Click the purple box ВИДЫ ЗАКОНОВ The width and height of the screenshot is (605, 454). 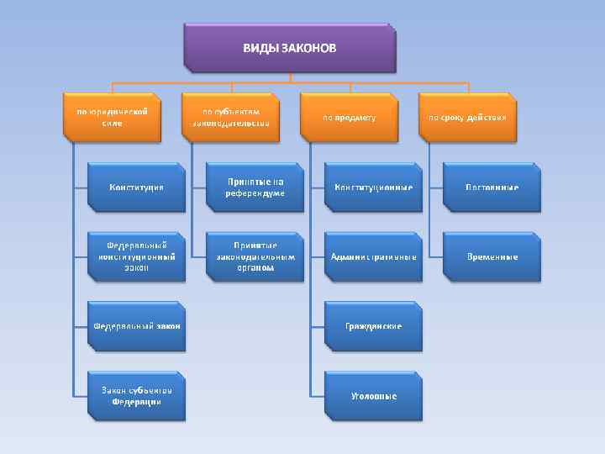pyautogui.click(x=289, y=47)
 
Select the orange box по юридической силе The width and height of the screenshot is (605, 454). pyautogui.click(x=113, y=116)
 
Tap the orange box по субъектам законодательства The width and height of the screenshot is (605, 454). pyautogui.click(x=231, y=116)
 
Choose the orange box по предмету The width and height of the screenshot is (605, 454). pyautogui.click(x=350, y=117)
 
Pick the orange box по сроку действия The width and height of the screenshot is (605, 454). pyautogui.click(x=467, y=117)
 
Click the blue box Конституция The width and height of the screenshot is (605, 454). pyautogui.click(x=137, y=187)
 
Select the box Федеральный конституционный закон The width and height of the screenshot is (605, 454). pyautogui.click(x=137, y=256)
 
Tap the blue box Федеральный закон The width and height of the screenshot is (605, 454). pyautogui.click(x=137, y=325)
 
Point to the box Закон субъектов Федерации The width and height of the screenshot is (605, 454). pyautogui.click(x=137, y=395)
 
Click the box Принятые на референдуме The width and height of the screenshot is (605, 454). pyautogui.click(x=255, y=187)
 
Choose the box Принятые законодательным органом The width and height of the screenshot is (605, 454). pyautogui.click(x=255, y=256)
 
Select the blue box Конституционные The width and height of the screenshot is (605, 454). pyautogui.click(x=373, y=187)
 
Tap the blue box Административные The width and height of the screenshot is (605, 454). pyautogui.click(x=373, y=256)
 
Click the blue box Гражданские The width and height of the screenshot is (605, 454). pyautogui.click(x=373, y=325)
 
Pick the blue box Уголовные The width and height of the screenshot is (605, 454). pyautogui.click(x=373, y=395)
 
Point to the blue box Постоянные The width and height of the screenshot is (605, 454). pyautogui.click(x=492, y=187)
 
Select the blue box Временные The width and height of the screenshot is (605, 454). pyautogui.click(x=492, y=256)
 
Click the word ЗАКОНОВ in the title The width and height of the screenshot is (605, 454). pyautogui.click(x=308, y=48)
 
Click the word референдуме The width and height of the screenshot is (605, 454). pyautogui.click(x=255, y=193)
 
